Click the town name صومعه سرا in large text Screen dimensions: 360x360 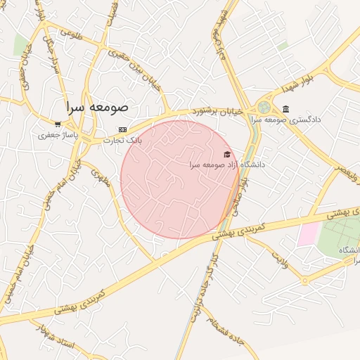pyautogui.click(x=98, y=108)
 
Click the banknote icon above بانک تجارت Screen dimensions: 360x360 pyautogui.click(x=123, y=129)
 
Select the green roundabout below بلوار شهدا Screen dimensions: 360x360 pyautogui.click(x=264, y=107)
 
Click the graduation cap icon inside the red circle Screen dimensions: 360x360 pyautogui.click(x=226, y=154)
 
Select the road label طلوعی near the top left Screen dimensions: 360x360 pyautogui.click(x=71, y=32)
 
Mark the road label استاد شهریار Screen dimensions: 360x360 pyautogui.click(x=57, y=343)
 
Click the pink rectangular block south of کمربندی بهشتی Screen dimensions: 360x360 pyautogui.click(x=308, y=234)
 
